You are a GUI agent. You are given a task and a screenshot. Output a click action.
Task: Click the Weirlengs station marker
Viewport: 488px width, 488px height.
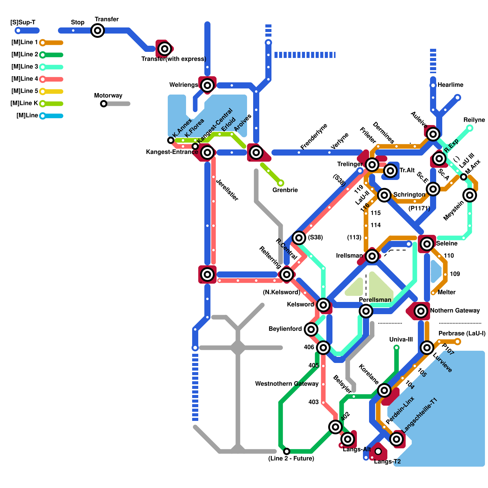click(207, 85)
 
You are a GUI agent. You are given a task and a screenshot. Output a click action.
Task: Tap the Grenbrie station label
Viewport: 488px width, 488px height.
click(285, 190)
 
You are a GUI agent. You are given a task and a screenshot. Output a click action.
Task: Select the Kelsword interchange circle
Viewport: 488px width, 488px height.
click(323, 304)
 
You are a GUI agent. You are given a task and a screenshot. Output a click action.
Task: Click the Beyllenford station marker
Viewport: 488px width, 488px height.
click(311, 329)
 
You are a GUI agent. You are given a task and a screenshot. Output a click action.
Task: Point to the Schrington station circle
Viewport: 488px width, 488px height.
click(384, 195)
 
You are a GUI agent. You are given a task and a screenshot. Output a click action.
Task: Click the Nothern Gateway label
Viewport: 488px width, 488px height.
click(455, 310)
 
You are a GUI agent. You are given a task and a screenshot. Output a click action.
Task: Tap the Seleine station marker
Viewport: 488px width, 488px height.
click(427, 244)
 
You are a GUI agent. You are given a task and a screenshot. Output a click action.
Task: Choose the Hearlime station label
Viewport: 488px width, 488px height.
click(450, 85)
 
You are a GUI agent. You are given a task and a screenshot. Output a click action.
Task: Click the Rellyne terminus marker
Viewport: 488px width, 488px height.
click(470, 128)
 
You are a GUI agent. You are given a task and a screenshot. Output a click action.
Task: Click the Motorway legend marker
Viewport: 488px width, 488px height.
click(104, 104)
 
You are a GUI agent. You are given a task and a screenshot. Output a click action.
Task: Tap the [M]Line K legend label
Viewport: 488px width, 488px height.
click(24, 103)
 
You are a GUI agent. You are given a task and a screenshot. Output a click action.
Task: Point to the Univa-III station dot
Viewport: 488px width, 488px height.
click(396, 347)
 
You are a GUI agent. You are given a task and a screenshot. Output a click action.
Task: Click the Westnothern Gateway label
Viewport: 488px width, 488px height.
click(287, 384)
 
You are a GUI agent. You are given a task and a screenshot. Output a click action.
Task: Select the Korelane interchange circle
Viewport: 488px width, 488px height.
click(384, 390)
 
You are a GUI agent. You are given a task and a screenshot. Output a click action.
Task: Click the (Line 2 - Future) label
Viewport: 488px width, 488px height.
click(291, 458)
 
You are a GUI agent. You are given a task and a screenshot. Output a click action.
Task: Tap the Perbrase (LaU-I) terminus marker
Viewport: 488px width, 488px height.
click(457, 342)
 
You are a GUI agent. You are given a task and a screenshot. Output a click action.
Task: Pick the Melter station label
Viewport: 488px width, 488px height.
click(447, 292)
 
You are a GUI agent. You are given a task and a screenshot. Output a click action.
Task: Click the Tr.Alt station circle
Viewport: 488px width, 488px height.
click(390, 171)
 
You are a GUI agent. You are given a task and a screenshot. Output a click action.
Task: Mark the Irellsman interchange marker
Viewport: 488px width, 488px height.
click(372, 256)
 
